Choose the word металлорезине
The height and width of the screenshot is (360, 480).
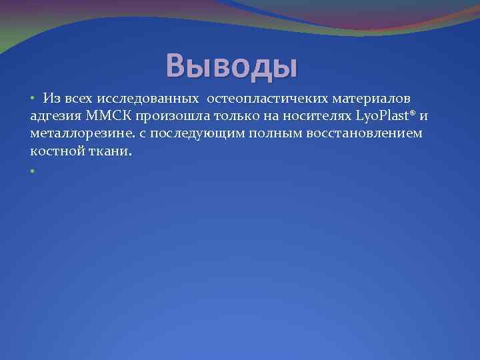[83, 134]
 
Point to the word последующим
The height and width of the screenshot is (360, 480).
[197, 134]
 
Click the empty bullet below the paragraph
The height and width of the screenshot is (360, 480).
[32, 170]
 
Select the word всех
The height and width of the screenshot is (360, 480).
[79, 99]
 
